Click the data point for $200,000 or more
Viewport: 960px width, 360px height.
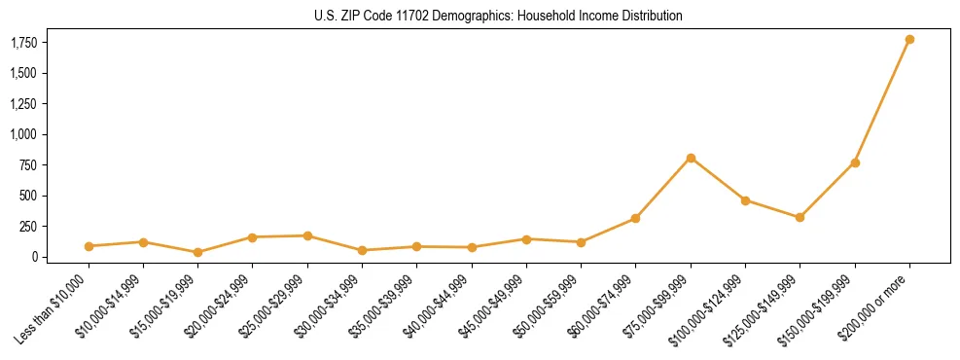[909, 40]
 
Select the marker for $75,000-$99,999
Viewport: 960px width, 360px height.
[691, 158]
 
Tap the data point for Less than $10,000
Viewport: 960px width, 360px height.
[89, 246]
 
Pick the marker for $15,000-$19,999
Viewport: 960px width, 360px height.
[198, 252]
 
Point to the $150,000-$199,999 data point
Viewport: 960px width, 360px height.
[855, 162]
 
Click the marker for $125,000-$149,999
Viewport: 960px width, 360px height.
[800, 217]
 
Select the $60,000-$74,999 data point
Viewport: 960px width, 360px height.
[635, 218]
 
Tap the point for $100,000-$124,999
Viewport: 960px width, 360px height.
[745, 200]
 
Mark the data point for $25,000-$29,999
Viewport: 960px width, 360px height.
[307, 235]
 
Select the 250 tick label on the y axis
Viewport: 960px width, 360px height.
[31, 227]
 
